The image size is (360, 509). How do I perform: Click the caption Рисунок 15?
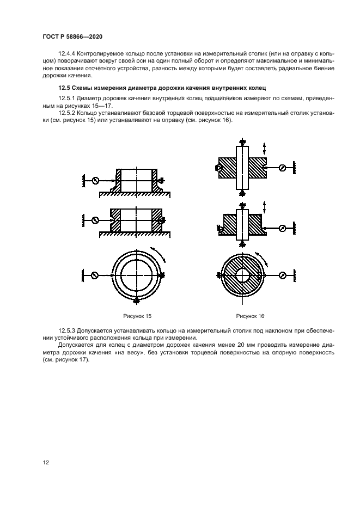click(x=137, y=316)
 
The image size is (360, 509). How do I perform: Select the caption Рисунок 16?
click(x=250, y=316)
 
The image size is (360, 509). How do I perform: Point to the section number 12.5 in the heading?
click(x=64, y=88)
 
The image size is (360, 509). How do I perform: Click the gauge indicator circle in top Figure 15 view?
click(x=95, y=180)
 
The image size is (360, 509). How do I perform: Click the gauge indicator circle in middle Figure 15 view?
click(x=95, y=220)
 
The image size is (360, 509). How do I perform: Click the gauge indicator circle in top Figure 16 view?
click(x=282, y=168)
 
